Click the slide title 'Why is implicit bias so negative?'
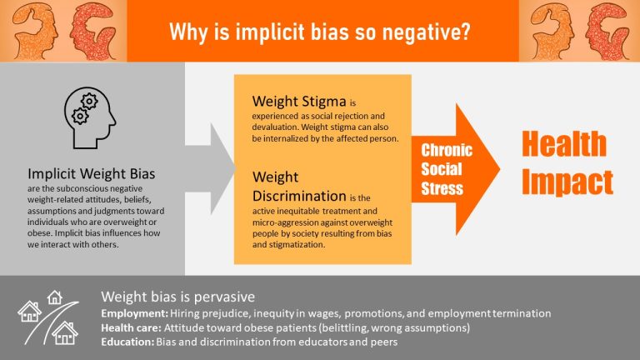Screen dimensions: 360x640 [319, 32]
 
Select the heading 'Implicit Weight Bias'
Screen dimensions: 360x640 [92, 175]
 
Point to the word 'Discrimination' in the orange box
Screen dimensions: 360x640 [299, 197]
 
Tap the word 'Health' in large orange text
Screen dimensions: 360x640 [564, 143]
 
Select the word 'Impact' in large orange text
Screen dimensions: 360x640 [567, 181]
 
